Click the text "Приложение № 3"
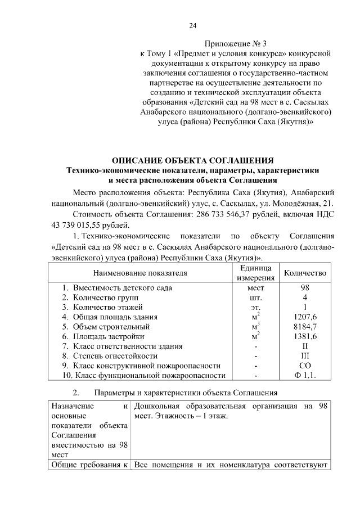[234, 43]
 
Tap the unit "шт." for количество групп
[255, 298]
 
